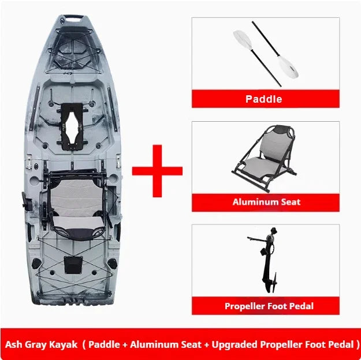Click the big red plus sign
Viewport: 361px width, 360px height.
pyautogui.click(x=157, y=171)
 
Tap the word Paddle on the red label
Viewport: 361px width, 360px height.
pyautogui.click(x=263, y=99)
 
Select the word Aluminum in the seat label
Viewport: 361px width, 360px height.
pyautogui.click(x=251, y=202)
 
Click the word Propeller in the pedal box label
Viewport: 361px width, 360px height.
pyautogui.click(x=244, y=306)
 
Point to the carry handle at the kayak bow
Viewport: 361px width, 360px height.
pyautogui.click(x=73, y=17)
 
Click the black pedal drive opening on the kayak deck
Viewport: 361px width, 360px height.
pyautogui.click(x=72, y=126)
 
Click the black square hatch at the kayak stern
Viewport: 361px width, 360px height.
pyautogui.click(x=73, y=265)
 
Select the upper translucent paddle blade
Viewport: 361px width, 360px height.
pyautogui.click(x=243, y=40)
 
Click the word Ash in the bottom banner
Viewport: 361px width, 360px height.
pyautogui.click(x=13, y=344)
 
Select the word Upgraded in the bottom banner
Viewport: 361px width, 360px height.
pyautogui.click(x=235, y=345)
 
